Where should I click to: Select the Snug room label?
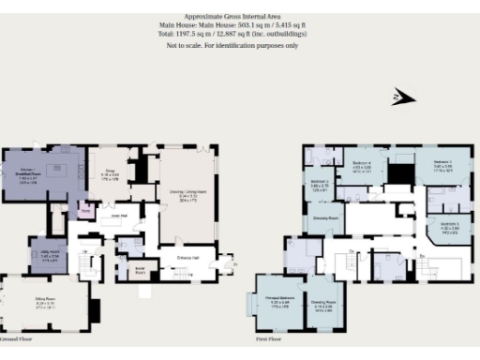109,175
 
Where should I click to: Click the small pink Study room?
85,212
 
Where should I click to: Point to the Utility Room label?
51,256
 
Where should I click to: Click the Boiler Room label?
141,268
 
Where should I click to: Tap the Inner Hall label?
119,215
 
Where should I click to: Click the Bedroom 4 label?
361,166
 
